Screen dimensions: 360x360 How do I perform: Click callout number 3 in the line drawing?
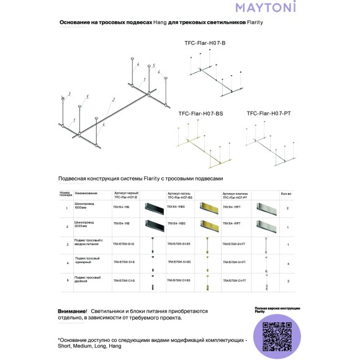tap(70, 94)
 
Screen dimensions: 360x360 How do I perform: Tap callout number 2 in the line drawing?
tap(114, 99)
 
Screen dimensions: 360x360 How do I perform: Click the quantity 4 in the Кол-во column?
tap(288, 263)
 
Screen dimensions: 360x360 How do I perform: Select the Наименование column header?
tap(87, 194)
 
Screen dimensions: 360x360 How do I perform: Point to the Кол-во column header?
tap(287, 194)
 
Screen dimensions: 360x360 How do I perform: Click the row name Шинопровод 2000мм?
tap(84, 223)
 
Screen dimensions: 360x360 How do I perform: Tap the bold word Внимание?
tap(72, 310)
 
